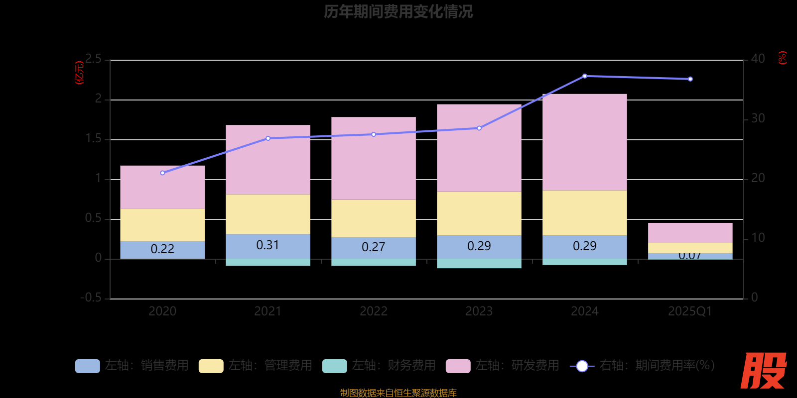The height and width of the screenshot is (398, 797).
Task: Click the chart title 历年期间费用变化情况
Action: pyautogui.click(x=398, y=11)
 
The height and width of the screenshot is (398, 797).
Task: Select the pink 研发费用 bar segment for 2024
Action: pyautogui.click(x=584, y=142)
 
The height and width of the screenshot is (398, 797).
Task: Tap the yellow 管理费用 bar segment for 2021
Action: pyautogui.click(x=267, y=214)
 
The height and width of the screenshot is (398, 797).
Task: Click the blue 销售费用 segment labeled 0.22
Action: pyautogui.click(x=162, y=249)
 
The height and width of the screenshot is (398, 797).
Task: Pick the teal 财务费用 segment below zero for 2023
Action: pyautogui.click(x=479, y=264)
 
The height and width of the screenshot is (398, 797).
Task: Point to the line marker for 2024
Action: pyautogui.click(x=584, y=76)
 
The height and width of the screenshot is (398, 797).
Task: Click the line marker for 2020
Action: pyautogui.click(x=162, y=173)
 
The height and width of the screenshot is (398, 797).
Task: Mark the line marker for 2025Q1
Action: pyautogui.click(x=690, y=79)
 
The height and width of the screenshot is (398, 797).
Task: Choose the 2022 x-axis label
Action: pyautogui.click(x=373, y=311)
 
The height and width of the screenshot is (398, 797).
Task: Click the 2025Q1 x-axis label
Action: pyautogui.click(x=690, y=311)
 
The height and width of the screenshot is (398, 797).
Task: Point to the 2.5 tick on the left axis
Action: pyautogui.click(x=93, y=59)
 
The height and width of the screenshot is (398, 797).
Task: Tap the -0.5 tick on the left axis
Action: pyautogui.click(x=91, y=298)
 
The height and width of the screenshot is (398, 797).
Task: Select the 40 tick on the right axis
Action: pyautogui.click(x=758, y=59)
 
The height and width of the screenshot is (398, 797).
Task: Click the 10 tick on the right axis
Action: pyautogui.click(x=758, y=238)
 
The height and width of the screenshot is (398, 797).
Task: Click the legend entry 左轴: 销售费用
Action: pyautogui.click(x=132, y=366)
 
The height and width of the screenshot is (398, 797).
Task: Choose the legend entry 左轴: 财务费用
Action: pyautogui.click(x=379, y=366)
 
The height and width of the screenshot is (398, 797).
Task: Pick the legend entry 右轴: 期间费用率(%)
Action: pyautogui.click(x=643, y=366)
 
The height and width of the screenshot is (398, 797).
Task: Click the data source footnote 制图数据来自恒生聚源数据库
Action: pyautogui.click(x=398, y=393)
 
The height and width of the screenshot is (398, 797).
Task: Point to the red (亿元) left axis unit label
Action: pyautogui.click(x=79, y=73)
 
